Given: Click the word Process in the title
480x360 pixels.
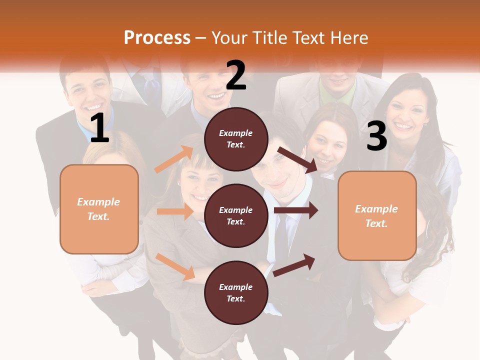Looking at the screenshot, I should tap(157, 38).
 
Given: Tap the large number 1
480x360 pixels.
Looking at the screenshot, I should tap(99, 128).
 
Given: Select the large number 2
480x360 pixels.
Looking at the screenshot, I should tap(236, 76).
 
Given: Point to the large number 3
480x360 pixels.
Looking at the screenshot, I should tap(376, 136).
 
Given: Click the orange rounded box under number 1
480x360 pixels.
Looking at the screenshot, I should tap(99, 209).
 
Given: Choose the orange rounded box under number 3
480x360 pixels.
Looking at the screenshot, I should tap(377, 215).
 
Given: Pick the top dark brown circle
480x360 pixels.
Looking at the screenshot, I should tap(236, 139).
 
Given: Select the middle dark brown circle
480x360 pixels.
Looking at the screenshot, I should tap(236, 215).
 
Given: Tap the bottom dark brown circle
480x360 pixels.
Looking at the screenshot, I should tap(236, 292).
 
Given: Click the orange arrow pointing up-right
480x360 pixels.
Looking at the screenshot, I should tap(174, 159).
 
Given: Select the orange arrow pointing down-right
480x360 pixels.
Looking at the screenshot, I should tap(175, 266).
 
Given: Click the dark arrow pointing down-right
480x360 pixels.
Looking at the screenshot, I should tap(297, 160).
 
